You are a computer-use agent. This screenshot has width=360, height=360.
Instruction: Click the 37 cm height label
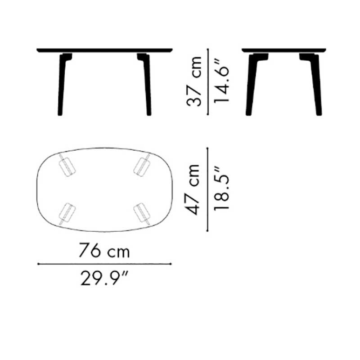click(x=194, y=81)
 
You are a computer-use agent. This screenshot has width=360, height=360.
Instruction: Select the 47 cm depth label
click(x=194, y=189)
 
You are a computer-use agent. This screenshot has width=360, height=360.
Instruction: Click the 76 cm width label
click(x=104, y=250)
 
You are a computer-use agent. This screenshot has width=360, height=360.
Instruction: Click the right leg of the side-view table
click(x=317, y=88)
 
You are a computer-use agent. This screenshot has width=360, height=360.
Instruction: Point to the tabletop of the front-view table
click(x=104, y=50)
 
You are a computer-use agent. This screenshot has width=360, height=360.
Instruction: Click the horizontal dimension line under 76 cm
click(x=104, y=264)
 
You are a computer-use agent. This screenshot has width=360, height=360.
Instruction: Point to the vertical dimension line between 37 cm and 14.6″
click(x=207, y=81)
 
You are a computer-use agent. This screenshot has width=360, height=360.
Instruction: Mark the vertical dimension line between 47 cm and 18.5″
click(x=207, y=189)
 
